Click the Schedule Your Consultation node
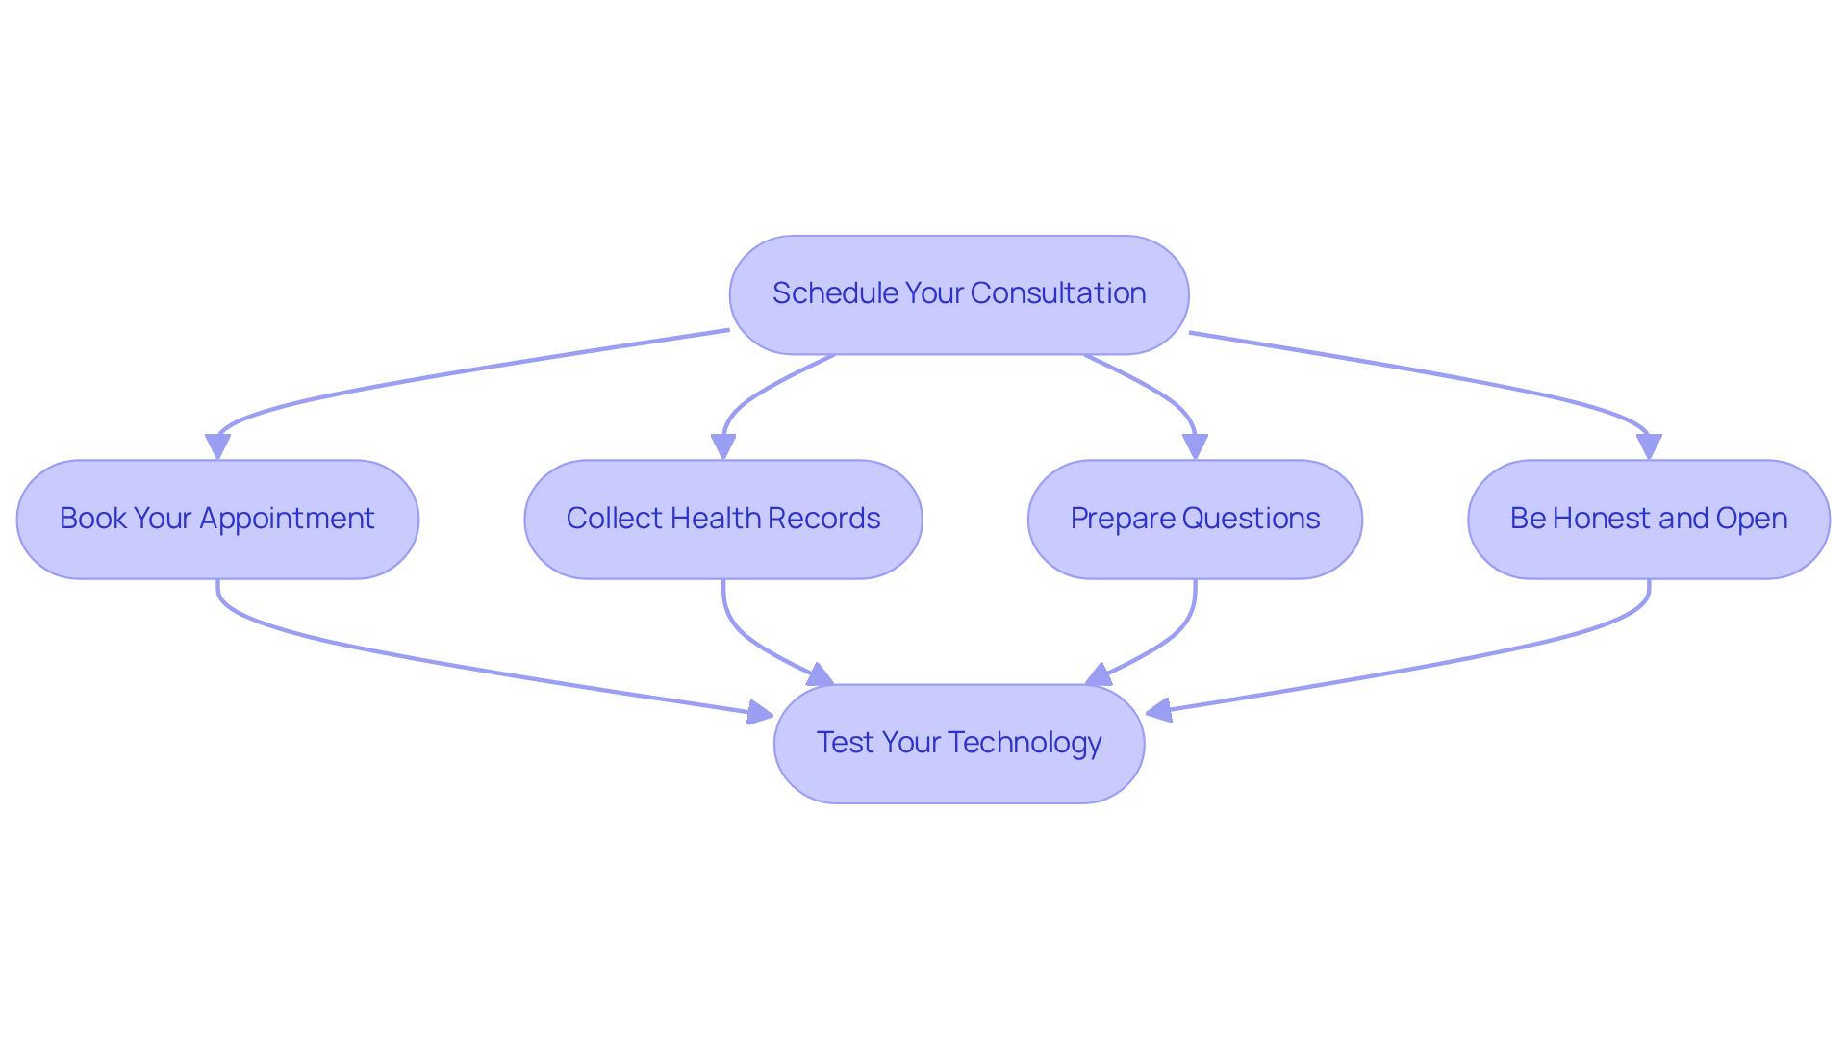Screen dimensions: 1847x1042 [x=959, y=294]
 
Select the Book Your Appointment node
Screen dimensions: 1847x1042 [x=217, y=520]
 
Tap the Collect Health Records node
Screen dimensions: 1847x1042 [x=723, y=520]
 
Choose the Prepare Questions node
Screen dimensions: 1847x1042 [x=1195, y=520]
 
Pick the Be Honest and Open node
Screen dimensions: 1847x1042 [x=1649, y=520]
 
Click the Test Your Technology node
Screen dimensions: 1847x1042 [x=959, y=744]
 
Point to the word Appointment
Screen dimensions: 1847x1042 [x=287, y=520]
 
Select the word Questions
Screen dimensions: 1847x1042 [x=1251, y=520]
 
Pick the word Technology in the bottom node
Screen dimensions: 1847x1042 [x=1025, y=744]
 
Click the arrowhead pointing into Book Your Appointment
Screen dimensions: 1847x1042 [x=217, y=447]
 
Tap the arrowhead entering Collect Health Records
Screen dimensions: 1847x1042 [x=723, y=447]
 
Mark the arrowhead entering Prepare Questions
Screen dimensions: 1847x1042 [x=1195, y=447]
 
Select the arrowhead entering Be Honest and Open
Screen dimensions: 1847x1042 [x=1649, y=447]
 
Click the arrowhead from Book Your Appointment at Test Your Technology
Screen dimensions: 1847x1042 [x=761, y=713]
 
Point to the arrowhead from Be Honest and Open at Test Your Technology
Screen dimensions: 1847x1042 [x=1159, y=711]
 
